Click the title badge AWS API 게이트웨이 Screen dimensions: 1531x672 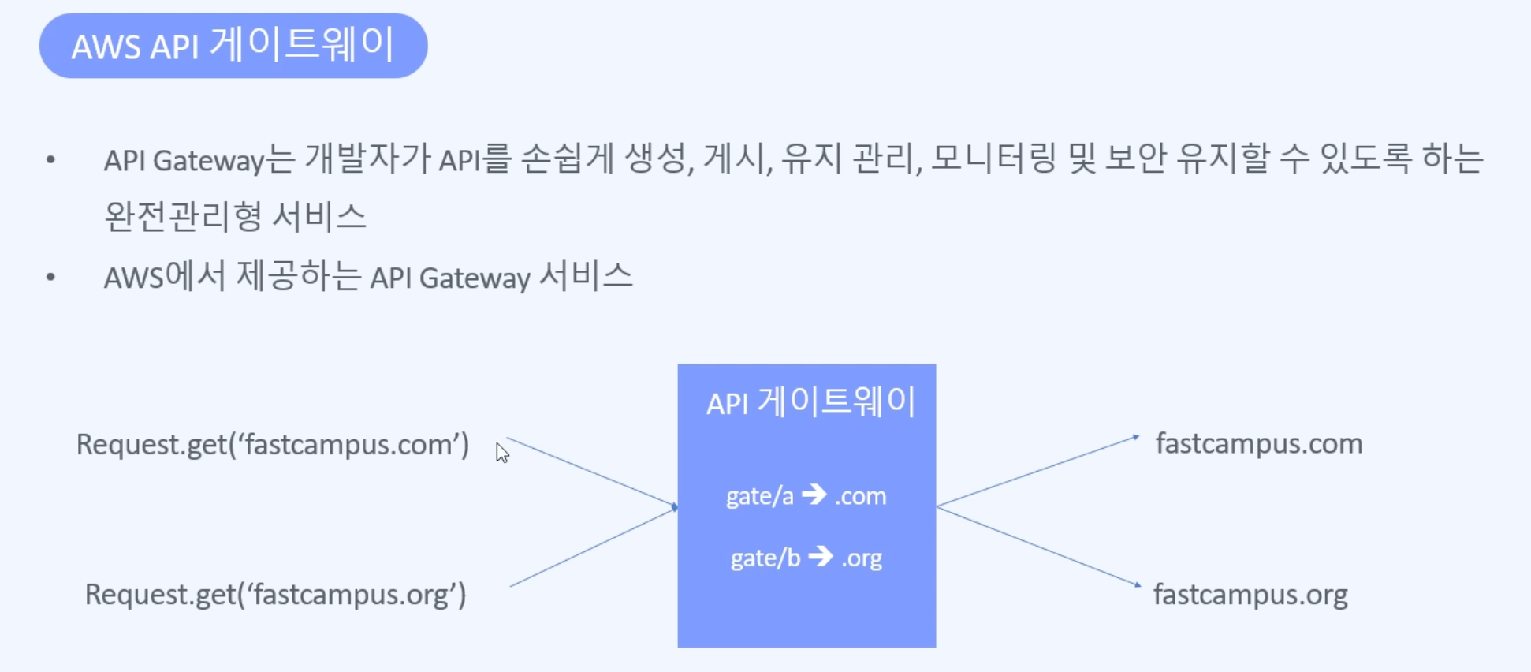(233, 46)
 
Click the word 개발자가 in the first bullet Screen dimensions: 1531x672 (368, 160)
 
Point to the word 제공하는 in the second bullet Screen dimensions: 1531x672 (298, 277)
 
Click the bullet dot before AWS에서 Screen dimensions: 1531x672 (51, 277)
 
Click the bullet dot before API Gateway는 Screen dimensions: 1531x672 (51, 160)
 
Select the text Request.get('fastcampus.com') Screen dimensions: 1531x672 (273, 444)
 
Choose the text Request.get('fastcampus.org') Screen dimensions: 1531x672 (276, 594)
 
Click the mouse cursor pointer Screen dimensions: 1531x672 (501, 452)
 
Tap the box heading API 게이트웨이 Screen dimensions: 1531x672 (810, 402)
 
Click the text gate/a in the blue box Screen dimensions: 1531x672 (760, 496)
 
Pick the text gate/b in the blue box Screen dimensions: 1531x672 (765, 558)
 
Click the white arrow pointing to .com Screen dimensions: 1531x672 (814, 495)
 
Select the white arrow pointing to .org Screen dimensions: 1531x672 (821, 557)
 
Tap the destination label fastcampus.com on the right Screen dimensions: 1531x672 (1259, 443)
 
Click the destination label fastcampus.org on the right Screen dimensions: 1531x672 (1250, 594)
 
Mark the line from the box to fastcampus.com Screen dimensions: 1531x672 (1037, 471)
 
